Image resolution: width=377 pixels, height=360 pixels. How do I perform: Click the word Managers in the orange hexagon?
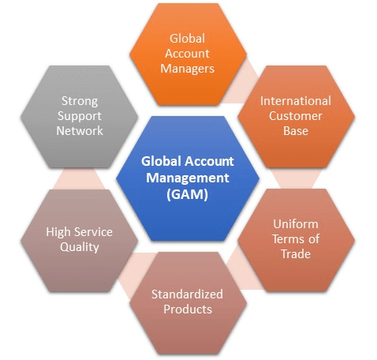coord(187,69)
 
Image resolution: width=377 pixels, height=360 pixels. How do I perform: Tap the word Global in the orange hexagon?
coord(187,39)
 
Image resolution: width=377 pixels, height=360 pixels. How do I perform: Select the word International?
coord(296,101)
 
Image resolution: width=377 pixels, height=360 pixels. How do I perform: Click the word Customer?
coord(296,116)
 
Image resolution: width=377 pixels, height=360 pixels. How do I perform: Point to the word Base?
coord(296,131)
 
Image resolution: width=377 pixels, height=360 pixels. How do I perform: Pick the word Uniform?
coord(296,224)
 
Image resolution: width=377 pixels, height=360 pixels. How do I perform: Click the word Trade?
coord(296,254)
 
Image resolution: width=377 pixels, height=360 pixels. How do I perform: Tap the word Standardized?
coord(187,294)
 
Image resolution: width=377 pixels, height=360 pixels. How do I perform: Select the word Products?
coord(188,309)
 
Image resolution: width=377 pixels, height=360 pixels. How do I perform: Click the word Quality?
coord(80,247)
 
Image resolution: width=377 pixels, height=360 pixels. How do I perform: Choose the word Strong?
coord(80,101)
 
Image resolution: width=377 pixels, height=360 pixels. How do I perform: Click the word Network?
coord(80,131)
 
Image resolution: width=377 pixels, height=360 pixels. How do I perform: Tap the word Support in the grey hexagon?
coord(80,116)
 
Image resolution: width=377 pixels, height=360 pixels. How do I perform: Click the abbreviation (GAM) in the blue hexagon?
coord(187,195)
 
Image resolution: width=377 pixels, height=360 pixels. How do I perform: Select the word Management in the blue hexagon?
coord(187,178)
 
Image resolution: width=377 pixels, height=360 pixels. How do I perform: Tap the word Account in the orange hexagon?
coord(187,54)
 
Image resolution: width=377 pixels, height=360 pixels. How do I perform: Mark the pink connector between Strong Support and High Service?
coord(79,179)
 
